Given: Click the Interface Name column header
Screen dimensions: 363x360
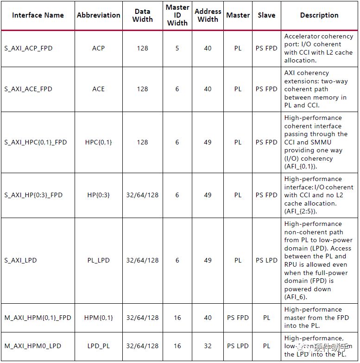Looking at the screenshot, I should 38,15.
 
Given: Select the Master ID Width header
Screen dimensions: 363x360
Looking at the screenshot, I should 177,15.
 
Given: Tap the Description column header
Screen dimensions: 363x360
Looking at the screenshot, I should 319,15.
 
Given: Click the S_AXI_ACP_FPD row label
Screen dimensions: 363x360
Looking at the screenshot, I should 29,48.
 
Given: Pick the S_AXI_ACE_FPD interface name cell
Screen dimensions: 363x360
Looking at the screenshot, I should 29,89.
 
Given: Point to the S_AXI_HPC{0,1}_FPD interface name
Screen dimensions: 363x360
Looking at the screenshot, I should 36,142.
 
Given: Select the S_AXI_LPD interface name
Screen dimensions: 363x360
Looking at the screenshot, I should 20,260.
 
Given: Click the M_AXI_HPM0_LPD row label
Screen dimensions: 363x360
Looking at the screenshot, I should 32,346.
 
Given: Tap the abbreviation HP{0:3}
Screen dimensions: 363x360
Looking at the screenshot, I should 98,195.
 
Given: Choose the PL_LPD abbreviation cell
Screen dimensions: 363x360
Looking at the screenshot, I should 98,260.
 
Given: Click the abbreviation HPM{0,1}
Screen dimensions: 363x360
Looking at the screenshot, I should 98,318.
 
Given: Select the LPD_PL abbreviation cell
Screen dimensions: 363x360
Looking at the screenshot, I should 98,346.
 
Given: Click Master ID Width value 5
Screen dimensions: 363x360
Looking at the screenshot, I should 177,48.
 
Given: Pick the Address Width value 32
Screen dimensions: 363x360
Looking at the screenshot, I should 208,346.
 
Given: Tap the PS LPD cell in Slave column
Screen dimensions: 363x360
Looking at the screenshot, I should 266,260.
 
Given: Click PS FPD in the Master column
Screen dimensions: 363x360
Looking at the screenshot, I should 238,318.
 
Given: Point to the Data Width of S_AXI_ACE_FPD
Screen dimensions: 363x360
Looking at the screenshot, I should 142,89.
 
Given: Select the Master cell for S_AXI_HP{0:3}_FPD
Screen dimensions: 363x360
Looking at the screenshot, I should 238,195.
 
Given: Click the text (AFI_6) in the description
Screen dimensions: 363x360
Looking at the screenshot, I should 296,297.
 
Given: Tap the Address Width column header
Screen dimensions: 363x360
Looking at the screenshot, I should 208,15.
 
